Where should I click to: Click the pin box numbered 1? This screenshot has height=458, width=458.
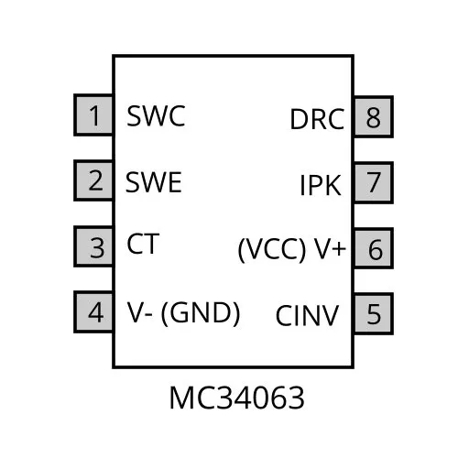[93, 115]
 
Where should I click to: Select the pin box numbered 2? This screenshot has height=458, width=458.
[93, 180]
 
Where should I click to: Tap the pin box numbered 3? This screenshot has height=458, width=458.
[93, 246]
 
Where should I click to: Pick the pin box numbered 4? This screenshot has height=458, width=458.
[93, 311]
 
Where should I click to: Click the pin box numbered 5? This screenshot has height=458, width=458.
[373, 313]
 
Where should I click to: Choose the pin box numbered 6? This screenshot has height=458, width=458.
[373, 248]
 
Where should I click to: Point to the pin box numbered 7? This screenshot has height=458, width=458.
[373, 182]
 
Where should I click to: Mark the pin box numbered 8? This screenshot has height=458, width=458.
[373, 116]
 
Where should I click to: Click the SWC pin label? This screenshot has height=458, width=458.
[156, 115]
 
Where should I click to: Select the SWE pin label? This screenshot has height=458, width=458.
[154, 182]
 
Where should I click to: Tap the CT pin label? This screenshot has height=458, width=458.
[143, 244]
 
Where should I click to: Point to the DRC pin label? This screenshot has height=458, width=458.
[317, 119]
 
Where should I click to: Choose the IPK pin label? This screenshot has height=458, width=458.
[321, 185]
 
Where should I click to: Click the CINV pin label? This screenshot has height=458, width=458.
[307, 316]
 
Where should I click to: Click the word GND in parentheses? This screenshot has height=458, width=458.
[201, 313]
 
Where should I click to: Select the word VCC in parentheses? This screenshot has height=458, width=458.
[272, 249]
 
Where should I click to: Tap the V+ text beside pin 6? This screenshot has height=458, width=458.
[330, 248]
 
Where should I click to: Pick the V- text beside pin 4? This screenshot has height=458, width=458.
[139, 312]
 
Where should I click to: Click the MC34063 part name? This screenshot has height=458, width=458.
[236, 398]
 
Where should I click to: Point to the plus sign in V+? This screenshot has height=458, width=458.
[340, 249]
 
